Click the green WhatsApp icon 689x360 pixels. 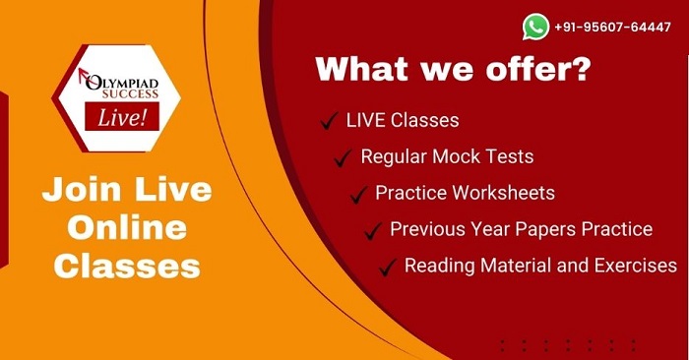tap(536, 27)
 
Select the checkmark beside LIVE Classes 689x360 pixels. tap(330, 122)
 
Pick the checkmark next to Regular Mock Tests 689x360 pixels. tap(344, 157)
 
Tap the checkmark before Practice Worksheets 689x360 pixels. tap(358, 194)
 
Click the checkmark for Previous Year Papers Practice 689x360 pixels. tap(373, 230)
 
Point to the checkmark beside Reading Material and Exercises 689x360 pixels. tap(388, 266)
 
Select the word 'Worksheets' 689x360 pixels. tap(501, 193)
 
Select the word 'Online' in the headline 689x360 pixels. tap(120, 227)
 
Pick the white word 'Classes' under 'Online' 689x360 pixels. tap(127, 266)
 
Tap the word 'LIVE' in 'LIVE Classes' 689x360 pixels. tap(366, 121)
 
